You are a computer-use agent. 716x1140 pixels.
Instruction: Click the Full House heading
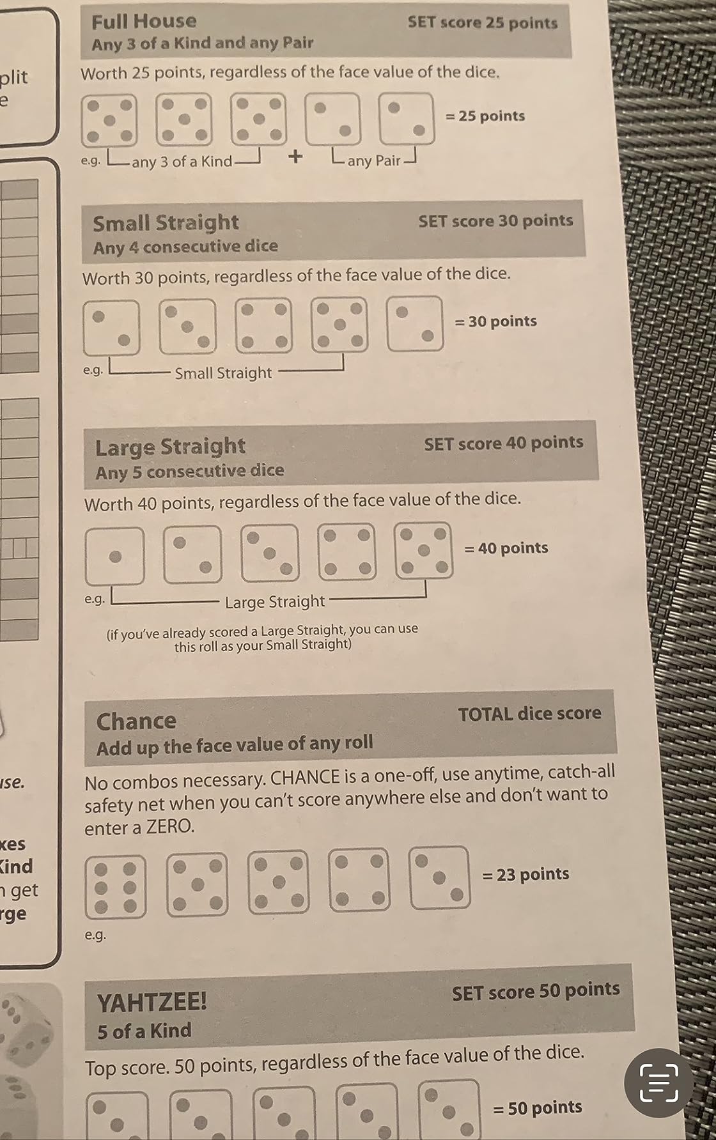pyautogui.click(x=144, y=22)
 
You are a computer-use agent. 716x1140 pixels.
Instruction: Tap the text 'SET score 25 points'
pyautogui.click(x=482, y=23)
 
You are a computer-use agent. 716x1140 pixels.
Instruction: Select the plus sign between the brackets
pyautogui.click(x=295, y=157)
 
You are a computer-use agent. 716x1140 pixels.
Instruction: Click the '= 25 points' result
pyautogui.click(x=485, y=116)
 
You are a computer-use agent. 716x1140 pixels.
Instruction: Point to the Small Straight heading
pyautogui.click(x=166, y=223)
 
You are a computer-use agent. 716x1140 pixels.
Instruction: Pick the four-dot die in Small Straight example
pyautogui.click(x=263, y=326)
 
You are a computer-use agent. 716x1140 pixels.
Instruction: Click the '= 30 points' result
pyautogui.click(x=495, y=321)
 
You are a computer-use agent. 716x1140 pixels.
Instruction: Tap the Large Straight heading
pyautogui.click(x=170, y=447)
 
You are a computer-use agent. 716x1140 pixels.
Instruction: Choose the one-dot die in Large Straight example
pyautogui.click(x=115, y=556)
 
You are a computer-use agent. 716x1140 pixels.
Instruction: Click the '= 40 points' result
pyautogui.click(x=506, y=548)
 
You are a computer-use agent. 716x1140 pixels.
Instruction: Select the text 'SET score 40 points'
pyautogui.click(x=503, y=443)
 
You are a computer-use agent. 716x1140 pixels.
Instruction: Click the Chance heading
pyautogui.click(x=136, y=721)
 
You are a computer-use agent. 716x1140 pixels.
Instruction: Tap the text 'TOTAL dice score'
pyautogui.click(x=529, y=714)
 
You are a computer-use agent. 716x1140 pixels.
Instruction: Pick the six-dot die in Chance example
pyautogui.click(x=116, y=887)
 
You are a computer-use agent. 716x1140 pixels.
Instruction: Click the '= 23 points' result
pyautogui.click(x=525, y=874)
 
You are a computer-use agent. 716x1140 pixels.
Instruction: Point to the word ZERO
pyautogui.click(x=169, y=827)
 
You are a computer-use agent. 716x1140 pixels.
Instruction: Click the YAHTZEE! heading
pyautogui.click(x=152, y=1001)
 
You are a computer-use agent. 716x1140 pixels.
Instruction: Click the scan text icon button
pyautogui.click(x=658, y=1082)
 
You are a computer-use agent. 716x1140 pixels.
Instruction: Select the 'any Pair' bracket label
pyautogui.click(x=373, y=160)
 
